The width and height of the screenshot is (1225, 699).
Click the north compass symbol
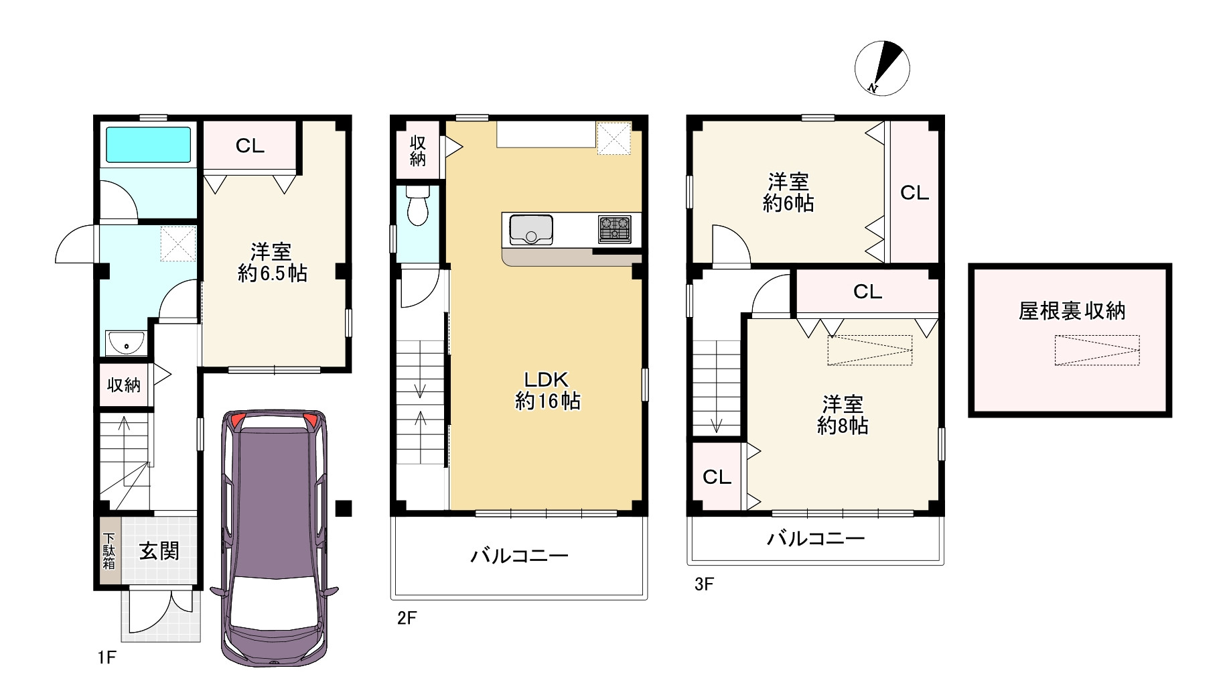(x=882, y=68)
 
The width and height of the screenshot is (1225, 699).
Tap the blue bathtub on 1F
(x=149, y=145)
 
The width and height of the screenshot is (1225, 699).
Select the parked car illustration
(x=275, y=537)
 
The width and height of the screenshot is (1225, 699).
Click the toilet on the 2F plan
(x=417, y=205)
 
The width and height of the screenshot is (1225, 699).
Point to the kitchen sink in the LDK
(x=531, y=229)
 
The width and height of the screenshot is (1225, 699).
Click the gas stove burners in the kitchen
(x=614, y=229)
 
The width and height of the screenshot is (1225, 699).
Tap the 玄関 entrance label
(x=159, y=551)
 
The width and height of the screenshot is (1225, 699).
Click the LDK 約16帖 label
(x=547, y=390)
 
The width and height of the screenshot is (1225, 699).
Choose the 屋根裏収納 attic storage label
(x=1072, y=310)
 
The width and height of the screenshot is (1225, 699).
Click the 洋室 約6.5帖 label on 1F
(x=272, y=262)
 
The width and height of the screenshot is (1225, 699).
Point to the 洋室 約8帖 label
(x=843, y=415)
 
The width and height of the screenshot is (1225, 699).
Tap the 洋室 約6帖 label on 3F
(x=788, y=192)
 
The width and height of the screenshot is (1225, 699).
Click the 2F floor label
(x=407, y=617)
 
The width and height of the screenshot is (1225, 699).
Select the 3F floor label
(x=704, y=584)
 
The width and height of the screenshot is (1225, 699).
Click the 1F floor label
(x=107, y=657)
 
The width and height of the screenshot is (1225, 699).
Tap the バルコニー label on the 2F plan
(x=519, y=556)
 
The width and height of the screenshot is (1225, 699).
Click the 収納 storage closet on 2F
(x=418, y=150)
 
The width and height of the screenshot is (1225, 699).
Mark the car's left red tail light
(x=238, y=421)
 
